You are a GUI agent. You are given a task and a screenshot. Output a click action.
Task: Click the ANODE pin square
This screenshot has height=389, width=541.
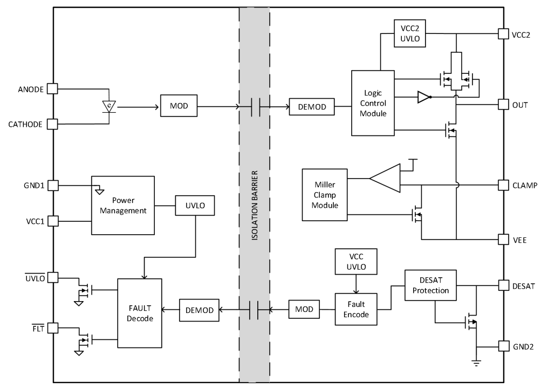point(52,88)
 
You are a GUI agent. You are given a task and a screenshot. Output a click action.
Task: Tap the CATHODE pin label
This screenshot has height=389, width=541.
point(25,124)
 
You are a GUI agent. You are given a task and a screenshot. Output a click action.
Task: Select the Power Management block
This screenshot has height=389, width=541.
point(122,205)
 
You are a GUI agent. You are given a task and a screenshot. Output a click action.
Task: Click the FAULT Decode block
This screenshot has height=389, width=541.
point(139,313)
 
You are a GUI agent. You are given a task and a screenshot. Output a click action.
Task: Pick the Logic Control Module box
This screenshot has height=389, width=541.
point(373,103)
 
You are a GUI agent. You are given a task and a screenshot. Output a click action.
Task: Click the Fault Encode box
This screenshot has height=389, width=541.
point(355,309)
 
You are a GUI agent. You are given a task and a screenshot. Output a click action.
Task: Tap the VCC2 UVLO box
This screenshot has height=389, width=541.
point(409,33)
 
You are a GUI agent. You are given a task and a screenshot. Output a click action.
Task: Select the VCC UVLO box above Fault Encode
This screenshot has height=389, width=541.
point(355,262)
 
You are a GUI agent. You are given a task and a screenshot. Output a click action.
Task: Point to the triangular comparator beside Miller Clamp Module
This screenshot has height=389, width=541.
point(386,178)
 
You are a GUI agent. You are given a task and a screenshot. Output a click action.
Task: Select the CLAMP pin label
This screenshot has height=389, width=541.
point(524,185)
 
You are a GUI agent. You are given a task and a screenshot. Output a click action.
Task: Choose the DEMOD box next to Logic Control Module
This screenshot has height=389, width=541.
point(312,107)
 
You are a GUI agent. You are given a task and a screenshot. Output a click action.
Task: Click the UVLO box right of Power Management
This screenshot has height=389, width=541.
point(195,206)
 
